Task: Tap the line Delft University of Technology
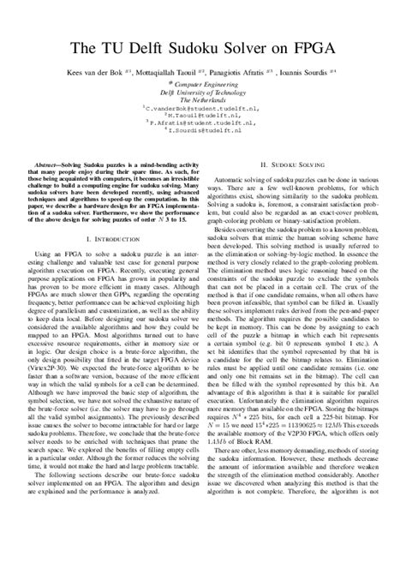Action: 203,93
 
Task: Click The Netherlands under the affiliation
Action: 203,101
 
